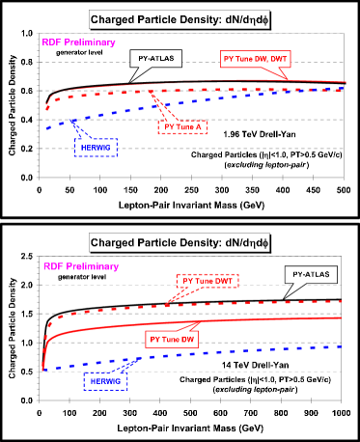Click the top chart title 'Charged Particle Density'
(180, 19)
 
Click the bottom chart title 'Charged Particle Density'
(180, 242)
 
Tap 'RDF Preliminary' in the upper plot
(79, 42)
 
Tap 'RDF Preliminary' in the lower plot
(81, 265)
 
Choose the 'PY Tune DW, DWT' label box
(255, 59)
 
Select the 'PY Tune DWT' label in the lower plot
(208, 280)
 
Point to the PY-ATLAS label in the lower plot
(310, 275)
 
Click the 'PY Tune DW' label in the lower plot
(173, 340)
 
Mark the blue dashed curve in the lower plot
(241, 352)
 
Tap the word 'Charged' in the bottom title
(116, 242)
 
